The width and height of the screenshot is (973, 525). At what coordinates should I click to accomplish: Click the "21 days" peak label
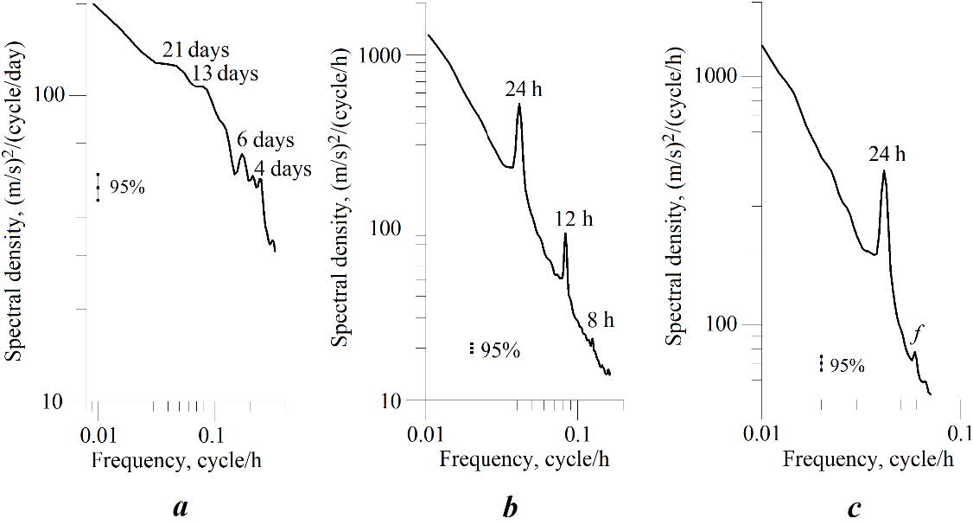coord(196,50)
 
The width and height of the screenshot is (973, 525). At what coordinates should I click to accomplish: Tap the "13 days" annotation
coord(225,74)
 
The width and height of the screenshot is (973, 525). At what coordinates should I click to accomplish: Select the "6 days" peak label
coord(265,140)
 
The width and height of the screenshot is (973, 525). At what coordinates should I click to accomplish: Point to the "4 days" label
coord(283,170)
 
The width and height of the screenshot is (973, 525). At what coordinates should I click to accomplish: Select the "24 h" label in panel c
coord(887,154)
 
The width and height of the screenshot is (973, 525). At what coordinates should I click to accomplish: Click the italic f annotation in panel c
coord(917,331)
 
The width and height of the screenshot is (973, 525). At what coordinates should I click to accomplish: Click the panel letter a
coord(181,507)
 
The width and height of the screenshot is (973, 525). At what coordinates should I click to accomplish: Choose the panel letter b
coord(511,507)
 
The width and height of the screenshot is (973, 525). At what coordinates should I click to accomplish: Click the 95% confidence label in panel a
coord(127,187)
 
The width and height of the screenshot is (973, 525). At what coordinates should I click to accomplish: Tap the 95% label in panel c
coord(847,366)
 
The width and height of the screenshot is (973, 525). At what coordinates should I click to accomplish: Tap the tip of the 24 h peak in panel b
coord(519,105)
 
